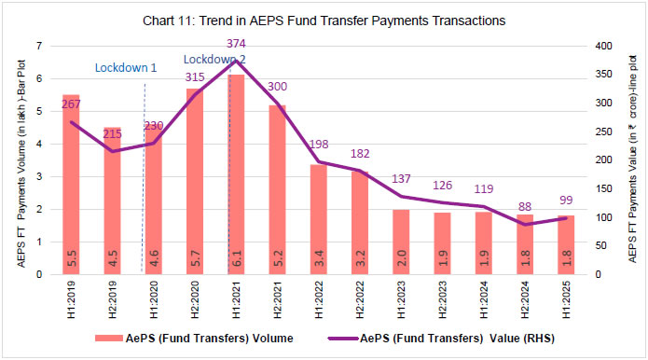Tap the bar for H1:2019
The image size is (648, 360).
click(71, 187)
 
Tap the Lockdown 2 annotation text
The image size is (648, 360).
click(213, 58)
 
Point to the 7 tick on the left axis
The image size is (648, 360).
click(39, 46)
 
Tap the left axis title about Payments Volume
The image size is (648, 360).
click(20, 160)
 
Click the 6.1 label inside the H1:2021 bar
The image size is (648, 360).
click(236, 261)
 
